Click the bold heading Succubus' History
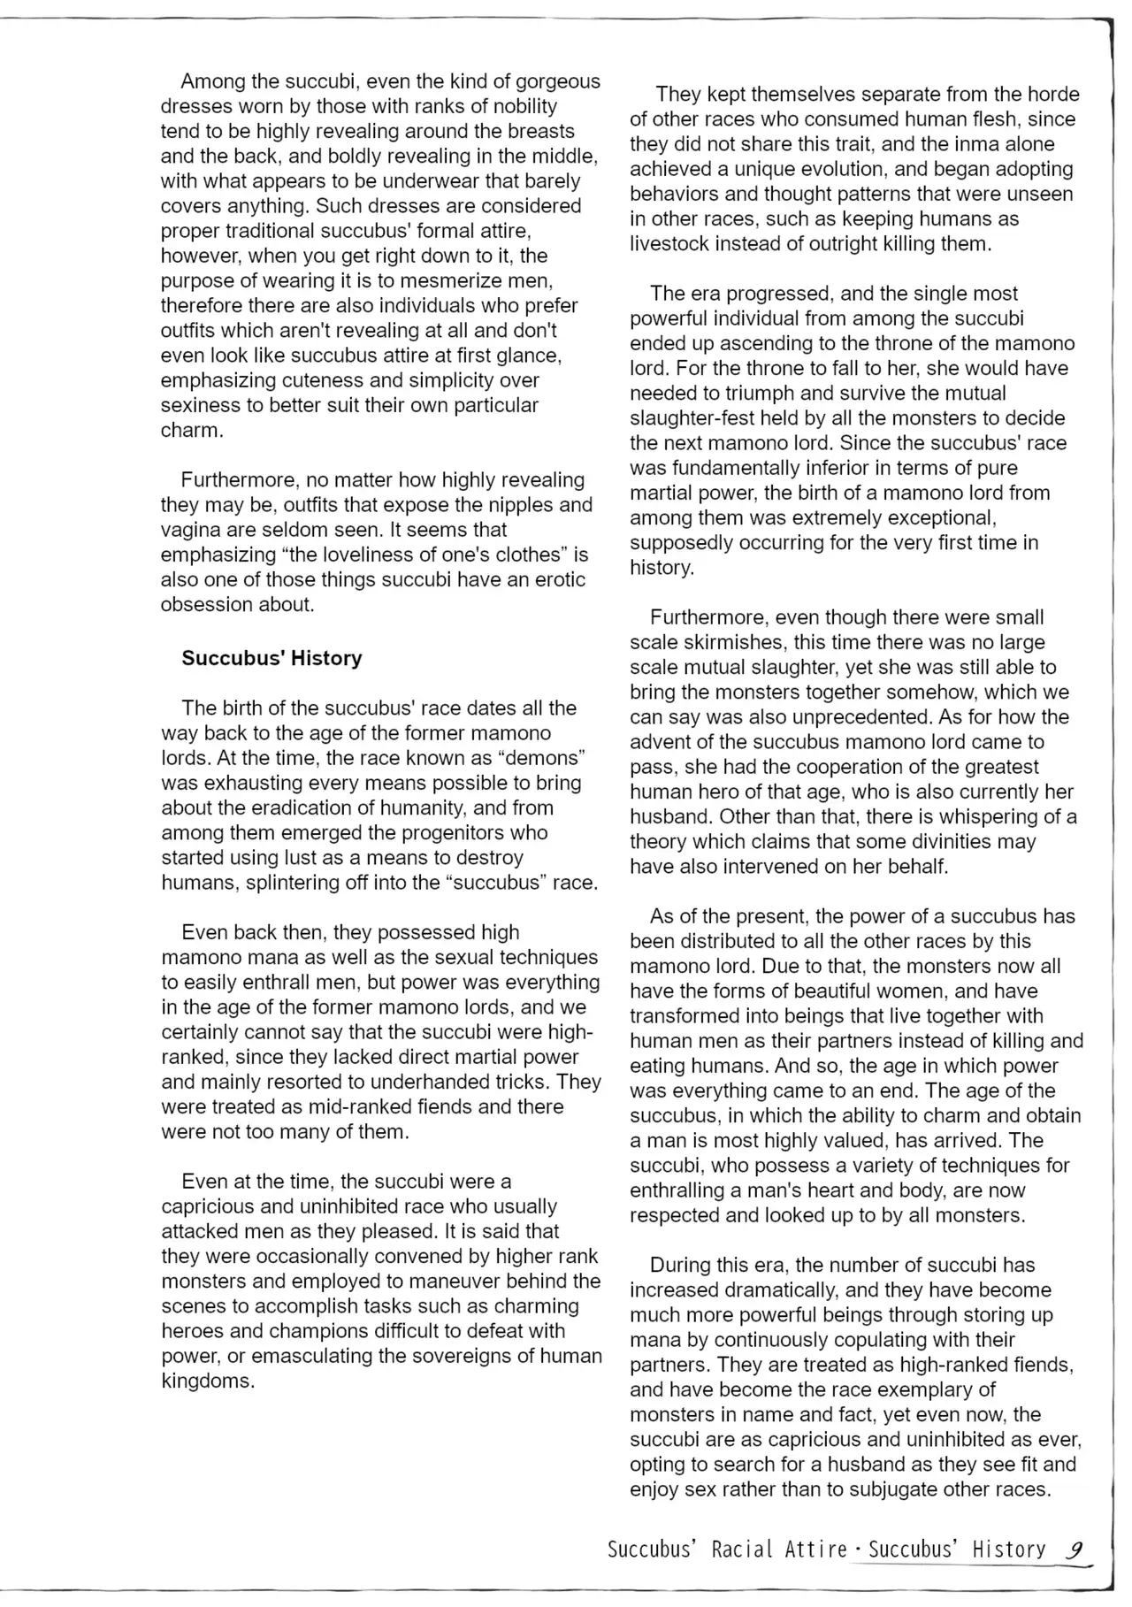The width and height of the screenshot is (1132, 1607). coord(272,658)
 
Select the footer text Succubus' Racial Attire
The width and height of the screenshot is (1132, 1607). coord(728,1550)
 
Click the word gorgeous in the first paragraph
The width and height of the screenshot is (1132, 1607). coord(558,81)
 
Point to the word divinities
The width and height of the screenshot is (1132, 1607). coord(940,842)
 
